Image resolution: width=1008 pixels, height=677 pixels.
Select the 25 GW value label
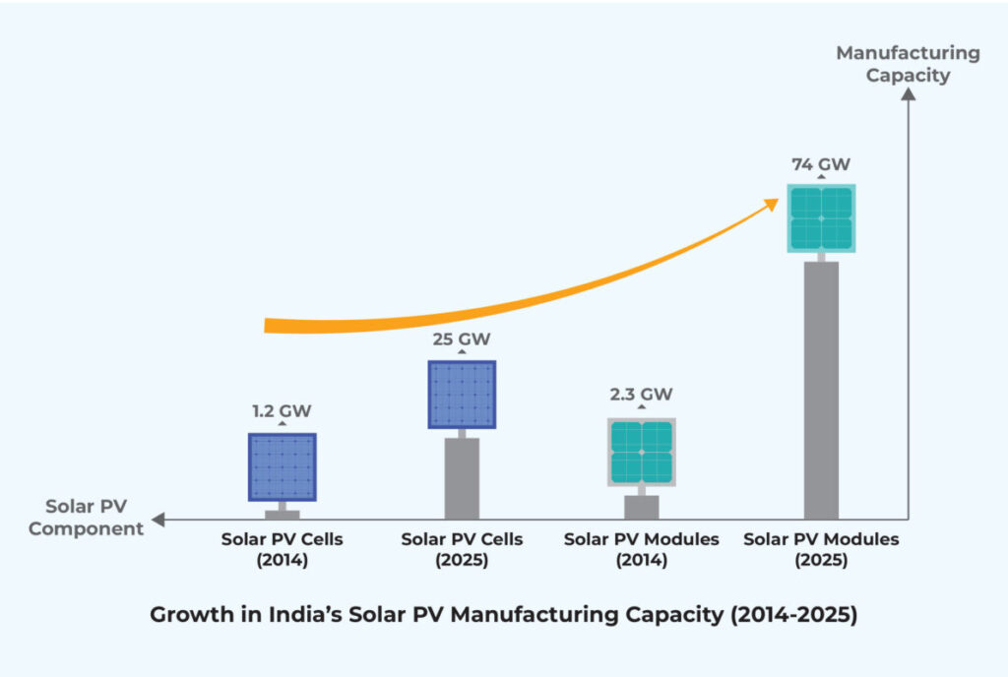[462, 339]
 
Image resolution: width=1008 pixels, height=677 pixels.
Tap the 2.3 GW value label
[642, 395]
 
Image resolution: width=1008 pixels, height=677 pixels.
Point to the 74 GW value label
[821, 164]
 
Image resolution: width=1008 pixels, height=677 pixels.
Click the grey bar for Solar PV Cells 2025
[462, 478]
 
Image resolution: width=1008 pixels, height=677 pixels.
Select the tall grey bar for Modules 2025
[821, 390]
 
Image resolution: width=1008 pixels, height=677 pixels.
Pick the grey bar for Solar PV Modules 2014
[642, 507]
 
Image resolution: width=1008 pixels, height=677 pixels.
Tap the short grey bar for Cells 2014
[283, 514]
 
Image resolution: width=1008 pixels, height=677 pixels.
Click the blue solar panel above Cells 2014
[283, 467]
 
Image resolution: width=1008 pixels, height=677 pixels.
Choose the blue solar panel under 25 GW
[462, 395]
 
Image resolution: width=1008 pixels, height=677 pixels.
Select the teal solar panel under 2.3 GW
[642, 452]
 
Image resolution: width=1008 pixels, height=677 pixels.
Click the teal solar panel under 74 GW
[821, 218]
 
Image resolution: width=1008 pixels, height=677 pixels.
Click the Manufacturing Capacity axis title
[908, 63]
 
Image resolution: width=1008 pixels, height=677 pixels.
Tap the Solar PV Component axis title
[86, 518]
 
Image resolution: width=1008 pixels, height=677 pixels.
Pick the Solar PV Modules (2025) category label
[821, 550]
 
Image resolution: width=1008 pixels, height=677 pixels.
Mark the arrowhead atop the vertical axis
[909, 93]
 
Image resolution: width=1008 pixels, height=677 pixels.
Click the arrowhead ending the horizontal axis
[158, 520]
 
